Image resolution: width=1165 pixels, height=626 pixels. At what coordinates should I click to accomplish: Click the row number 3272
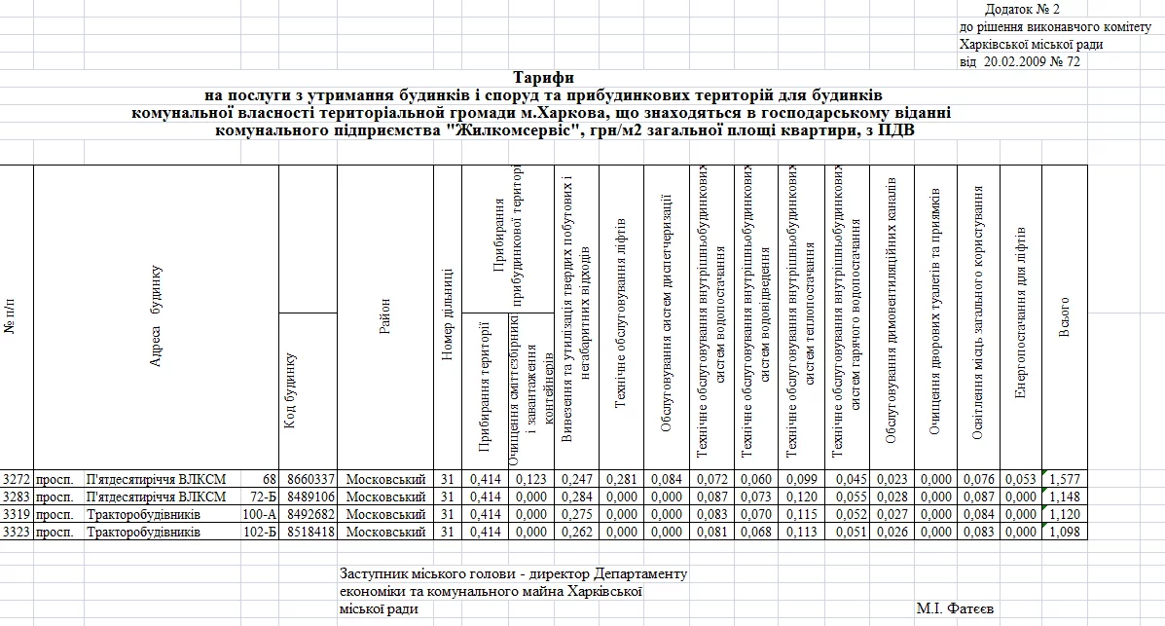pos(17,479)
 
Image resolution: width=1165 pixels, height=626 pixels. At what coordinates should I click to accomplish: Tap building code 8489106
pos(309,497)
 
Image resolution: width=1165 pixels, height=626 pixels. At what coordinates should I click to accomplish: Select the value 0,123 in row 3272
pos(529,479)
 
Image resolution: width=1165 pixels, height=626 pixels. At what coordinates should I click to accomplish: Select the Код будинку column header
pos(289,389)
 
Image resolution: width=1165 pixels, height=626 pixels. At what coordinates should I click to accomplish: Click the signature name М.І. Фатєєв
pos(955,608)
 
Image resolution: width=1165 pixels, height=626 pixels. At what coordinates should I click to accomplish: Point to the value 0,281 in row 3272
pos(621,479)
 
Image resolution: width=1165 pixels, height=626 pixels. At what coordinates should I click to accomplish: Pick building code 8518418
pos(309,533)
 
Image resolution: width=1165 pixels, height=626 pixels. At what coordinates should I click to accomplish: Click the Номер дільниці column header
pos(447,315)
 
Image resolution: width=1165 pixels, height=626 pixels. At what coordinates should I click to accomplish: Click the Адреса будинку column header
pos(156,316)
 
